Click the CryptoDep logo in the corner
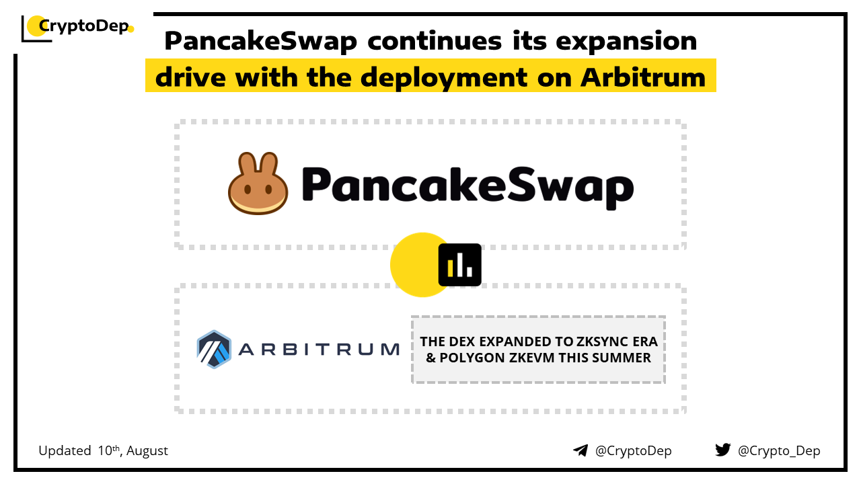point(77,28)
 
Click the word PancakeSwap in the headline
point(260,41)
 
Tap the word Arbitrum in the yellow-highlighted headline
point(643,77)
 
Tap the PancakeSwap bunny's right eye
point(268,189)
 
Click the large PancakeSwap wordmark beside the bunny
point(467,187)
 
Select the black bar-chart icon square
point(459,265)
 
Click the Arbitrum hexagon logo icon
point(214,349)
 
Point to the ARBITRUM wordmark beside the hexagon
point(319,350)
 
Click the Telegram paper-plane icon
point(581,450)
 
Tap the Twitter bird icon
point(722,450)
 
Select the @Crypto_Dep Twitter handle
point(779,451)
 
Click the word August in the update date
point(147,451)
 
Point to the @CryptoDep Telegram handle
point(633,451)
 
